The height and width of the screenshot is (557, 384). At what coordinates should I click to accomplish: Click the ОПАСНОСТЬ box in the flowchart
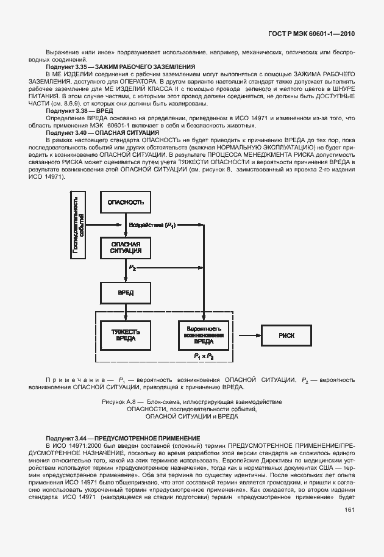pos(126,202)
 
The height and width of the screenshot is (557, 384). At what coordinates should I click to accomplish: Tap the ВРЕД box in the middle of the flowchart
pos(126,292)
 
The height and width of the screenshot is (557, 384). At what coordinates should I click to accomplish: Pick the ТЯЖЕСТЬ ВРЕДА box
pos(126,335)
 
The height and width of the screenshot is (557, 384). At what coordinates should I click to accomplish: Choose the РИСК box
pos(286,335)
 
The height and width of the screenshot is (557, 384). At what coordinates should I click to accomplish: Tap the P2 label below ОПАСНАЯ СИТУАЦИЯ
pos(132,267)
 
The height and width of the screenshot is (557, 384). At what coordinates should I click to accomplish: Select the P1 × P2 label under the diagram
pos(204,356)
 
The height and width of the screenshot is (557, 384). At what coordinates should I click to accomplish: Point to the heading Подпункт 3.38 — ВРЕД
pos(80,111)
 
